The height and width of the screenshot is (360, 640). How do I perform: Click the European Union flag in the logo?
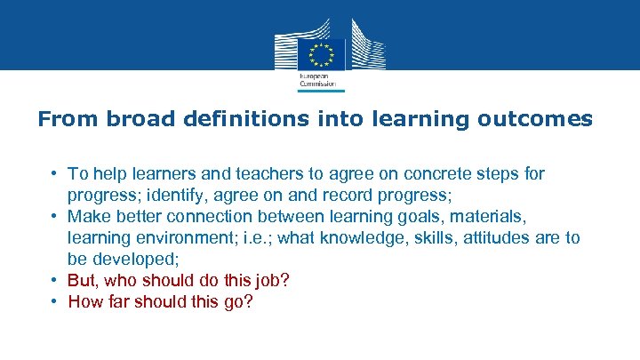(320, 55)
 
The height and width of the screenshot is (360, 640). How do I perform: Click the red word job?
(268, 280)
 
